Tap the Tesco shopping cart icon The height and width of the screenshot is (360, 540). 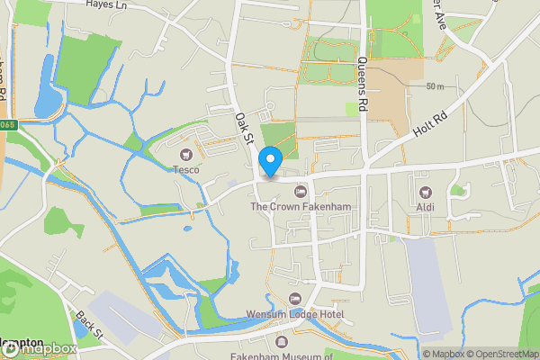click(187, 155)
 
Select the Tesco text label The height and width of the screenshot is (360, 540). click(187, 169)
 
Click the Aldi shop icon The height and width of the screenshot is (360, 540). click(425, 192)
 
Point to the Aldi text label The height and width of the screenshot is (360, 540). click(425, 207)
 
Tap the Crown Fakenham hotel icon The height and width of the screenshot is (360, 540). click(301, 192)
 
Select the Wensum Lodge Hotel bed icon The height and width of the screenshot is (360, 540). click(294, 299)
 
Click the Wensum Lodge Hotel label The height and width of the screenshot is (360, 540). click(295, 314)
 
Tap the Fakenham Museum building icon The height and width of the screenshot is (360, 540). click(282, 343)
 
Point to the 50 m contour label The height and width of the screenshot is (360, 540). click(436, 86)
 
